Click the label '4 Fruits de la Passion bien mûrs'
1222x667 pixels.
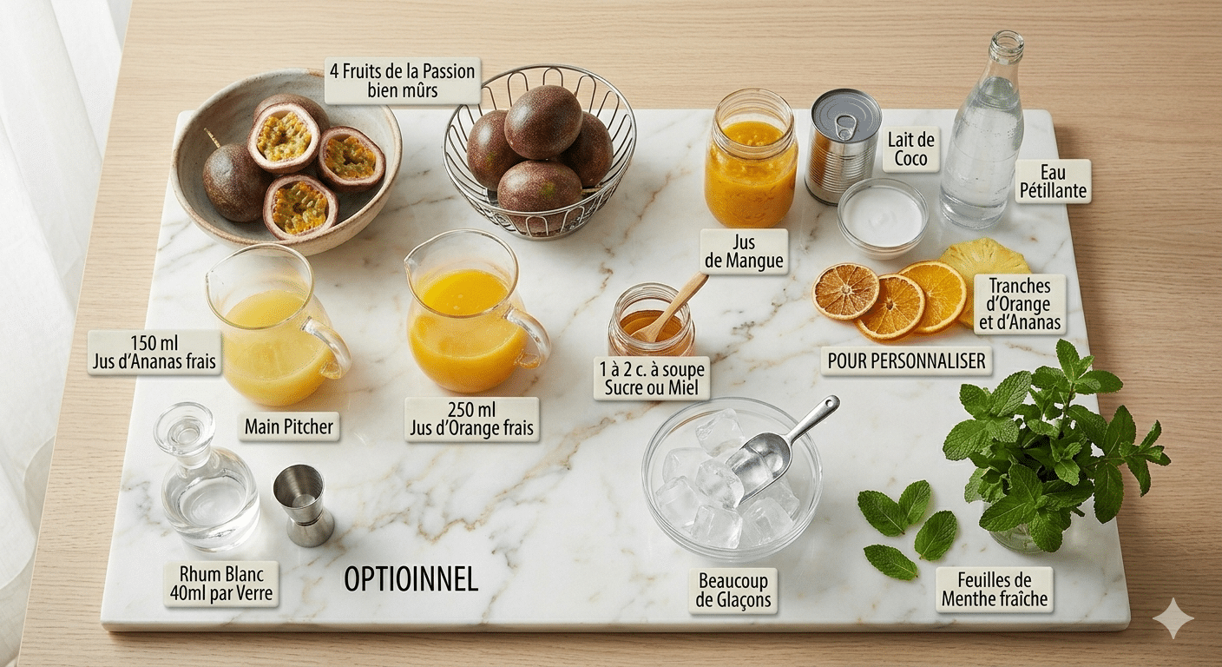click(403, 81)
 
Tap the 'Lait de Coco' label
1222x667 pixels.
click(911, 149)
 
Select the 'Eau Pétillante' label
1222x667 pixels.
click(1053, 182)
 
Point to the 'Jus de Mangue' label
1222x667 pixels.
click(744, 251)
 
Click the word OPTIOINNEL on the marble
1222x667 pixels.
click(411, 579)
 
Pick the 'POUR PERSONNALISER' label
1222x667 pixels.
click(906, 360)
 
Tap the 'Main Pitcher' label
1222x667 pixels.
click(289, 426)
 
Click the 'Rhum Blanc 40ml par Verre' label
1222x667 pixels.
click(221, 584)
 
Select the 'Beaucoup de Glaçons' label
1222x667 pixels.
click(733, 591)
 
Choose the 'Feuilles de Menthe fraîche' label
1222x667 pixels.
click(995, 589)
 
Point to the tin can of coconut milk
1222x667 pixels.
click(841, 145)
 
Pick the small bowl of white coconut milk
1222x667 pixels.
click(883, 216)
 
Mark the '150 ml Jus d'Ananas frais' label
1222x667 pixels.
click(154, 352)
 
